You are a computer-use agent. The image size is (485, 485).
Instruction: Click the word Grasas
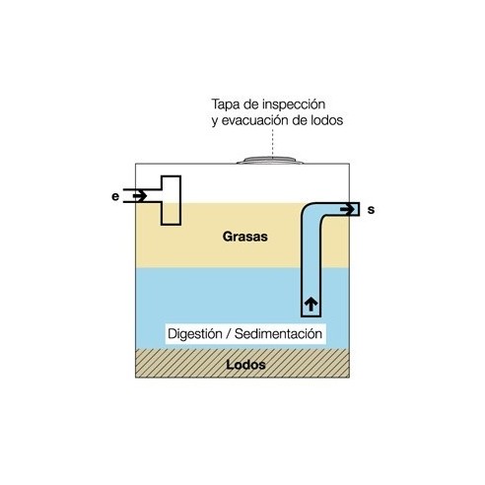point(245,237)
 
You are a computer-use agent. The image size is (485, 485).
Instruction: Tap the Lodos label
point(245,365)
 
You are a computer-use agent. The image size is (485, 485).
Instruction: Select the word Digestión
point(195,334)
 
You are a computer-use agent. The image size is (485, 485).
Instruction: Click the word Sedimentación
point(278,334)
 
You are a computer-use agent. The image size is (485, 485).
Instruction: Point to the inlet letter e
point(115,196)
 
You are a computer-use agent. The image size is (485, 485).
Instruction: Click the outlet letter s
point(371,210)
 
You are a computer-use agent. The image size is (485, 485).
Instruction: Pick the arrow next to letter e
point(140,196)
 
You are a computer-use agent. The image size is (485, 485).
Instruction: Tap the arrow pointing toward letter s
point(347,209)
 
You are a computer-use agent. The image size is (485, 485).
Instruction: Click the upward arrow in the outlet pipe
point(311,304)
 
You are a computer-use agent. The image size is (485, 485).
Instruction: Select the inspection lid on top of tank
point(270,160)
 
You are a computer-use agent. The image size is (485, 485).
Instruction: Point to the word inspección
point(294,104)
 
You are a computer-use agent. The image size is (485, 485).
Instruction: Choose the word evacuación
point(255,120)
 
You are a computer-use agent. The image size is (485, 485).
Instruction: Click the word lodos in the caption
point(326,120)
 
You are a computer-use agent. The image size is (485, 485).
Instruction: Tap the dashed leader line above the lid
point(272,143)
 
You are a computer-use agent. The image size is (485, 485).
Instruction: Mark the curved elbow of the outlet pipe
point(312,213)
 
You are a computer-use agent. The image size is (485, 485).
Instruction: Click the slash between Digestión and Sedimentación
point(229,334)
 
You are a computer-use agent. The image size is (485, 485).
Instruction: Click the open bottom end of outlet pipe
point(311,315)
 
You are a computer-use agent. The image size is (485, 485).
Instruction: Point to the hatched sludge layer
point(242,363)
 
